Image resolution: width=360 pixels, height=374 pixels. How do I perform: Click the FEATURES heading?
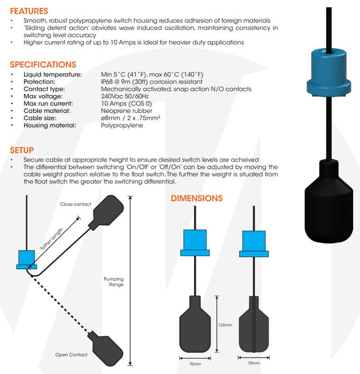tap(29, 11)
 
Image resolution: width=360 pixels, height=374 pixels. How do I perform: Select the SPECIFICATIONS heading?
tap(43, 64)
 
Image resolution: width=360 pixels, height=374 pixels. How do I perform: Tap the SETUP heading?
tap(21, 150)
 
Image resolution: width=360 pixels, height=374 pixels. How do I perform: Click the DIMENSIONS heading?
tap(196, 198)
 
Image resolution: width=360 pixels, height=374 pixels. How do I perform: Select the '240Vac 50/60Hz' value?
tap(125, 96)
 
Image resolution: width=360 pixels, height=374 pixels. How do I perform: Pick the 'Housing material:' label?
tap(50, 125)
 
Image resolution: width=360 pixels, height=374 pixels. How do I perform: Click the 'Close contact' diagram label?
tap(75, 204)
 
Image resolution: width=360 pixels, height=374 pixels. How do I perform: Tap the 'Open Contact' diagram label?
tap(71, 354)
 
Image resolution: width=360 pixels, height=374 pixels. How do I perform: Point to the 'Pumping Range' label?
tap(113, 282)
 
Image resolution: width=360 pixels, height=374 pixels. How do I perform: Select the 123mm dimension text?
tap(225, 324)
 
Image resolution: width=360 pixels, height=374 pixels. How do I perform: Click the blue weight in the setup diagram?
tap(26, 259)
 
